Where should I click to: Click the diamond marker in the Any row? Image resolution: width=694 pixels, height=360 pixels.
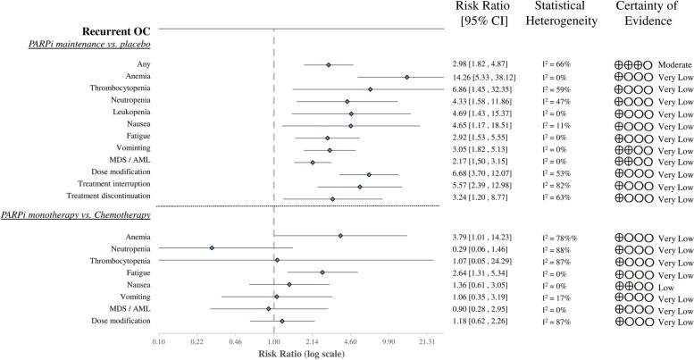(329, 65)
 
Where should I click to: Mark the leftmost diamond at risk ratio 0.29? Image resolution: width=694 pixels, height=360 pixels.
(212, 247)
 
